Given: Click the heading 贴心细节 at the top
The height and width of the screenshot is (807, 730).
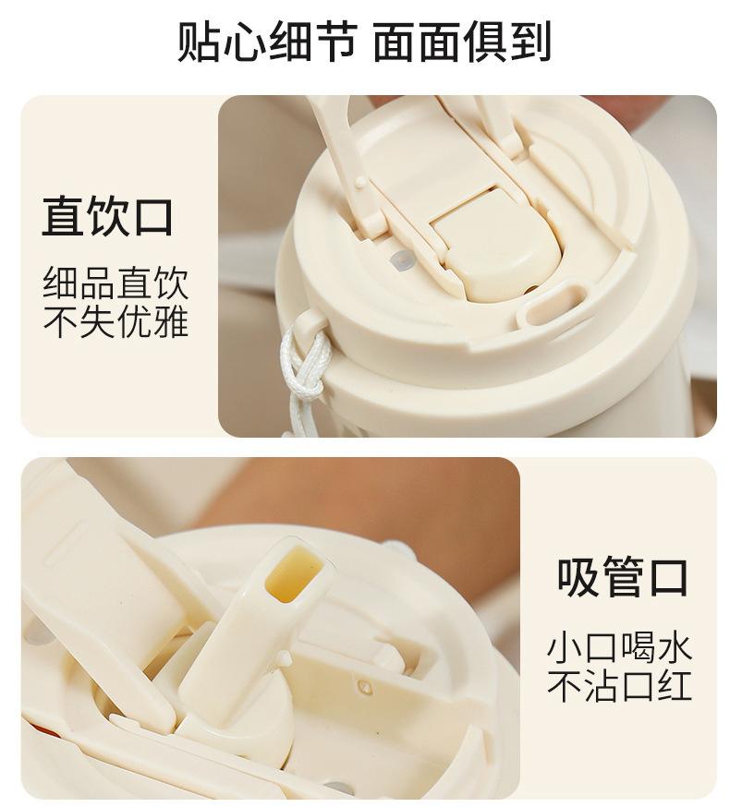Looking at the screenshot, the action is tap(267, 42).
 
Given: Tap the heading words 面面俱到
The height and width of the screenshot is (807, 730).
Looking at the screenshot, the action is tap(462, 42).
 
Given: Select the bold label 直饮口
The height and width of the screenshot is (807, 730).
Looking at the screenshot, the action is tap(107, 216).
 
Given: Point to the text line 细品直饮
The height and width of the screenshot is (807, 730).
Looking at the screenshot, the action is tap(116, 283).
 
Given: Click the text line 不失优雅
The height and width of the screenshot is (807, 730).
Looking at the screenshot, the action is tap(116, 321).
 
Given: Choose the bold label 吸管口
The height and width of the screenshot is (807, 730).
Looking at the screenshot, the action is tap(622, 577).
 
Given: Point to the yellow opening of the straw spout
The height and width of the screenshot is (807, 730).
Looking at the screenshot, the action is tap(293, 573).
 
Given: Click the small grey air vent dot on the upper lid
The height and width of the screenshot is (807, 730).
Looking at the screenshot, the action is tap(402, 261).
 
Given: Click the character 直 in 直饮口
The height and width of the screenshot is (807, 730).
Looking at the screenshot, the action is tap(63, 216).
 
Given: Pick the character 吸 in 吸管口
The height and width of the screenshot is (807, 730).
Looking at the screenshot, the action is tap(578, 577).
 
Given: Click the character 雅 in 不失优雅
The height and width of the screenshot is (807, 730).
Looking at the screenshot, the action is tap(171, 321).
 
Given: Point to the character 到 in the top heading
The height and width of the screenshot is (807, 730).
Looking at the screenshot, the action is tap(530, 42).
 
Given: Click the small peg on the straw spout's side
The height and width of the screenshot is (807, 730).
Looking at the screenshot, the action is tap(284, 659).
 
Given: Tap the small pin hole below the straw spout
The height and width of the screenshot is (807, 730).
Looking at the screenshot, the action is tap(365, 686).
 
